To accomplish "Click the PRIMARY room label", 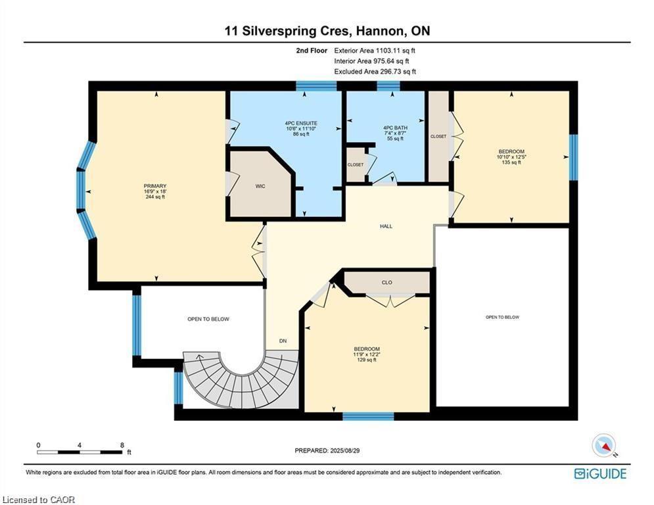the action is coord(154,186).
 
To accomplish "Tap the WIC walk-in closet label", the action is coord(260,186).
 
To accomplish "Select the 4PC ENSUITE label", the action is coord(301,123).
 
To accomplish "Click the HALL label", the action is coord(386,226).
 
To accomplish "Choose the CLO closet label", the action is coord(386,283).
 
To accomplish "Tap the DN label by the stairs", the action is coord(283,341).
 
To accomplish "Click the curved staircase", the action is coord(242,382).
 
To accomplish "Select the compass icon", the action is coord(603,446).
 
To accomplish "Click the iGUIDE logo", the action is coord(600,473).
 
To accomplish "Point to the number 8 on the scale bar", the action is coord(122,445).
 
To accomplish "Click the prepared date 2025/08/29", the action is coord(344,450).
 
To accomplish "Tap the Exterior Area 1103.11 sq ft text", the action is coord(375,51).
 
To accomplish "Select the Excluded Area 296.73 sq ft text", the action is coord(375,72).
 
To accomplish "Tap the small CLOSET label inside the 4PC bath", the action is coord(356,165).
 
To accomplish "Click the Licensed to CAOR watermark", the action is coord(38,500).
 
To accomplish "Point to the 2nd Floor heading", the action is coord(312,51).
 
